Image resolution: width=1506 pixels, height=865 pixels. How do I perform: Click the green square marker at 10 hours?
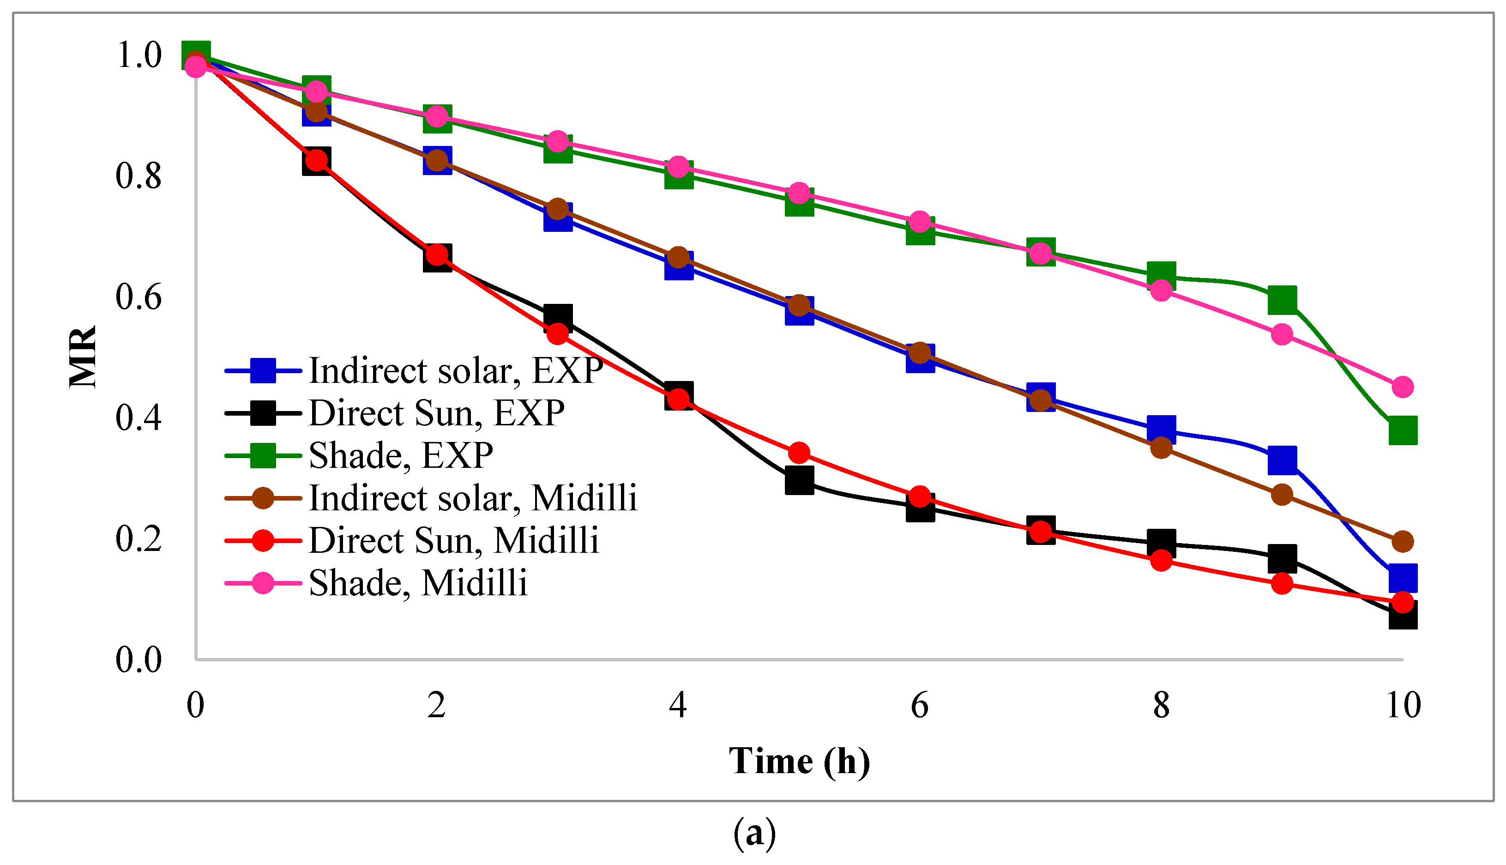click(1403, 430)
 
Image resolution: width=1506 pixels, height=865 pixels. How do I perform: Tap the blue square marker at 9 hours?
click(1282, 460)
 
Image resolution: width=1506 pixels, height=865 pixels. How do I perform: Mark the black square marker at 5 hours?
click(799, 480)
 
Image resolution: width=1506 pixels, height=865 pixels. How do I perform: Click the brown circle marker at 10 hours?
click(1403, 541)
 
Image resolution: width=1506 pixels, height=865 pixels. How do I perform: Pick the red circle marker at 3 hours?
click(557, 334)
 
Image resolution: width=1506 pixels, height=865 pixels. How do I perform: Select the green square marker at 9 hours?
click(1282, 300)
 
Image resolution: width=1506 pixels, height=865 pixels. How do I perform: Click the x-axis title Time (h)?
click(799, 761)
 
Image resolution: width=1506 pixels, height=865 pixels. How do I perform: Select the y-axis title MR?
click(83, 357)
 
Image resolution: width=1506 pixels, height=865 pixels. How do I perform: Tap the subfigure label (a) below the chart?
click(754, 833)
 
